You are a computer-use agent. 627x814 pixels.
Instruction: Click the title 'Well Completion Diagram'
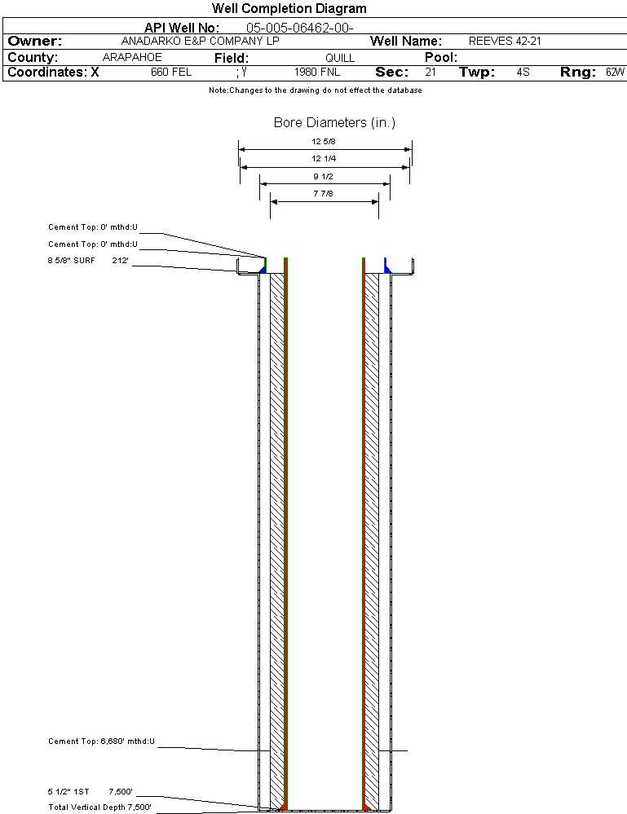click(x=289, y=8)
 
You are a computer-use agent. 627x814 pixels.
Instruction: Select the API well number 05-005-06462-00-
click(x=300, y=28)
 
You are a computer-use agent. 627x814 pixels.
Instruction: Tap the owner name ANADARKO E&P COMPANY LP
click(x=200, y=41)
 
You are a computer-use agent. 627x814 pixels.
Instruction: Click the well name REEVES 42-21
click(x=505, y=41)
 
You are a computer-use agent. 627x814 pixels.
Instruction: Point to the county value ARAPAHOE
click(x=132, y=57)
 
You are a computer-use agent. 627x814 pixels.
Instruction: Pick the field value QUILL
click(x=340, y=58)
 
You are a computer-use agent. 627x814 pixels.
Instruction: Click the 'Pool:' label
click(x=441, y=57)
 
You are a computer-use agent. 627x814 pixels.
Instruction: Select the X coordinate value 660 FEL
click(x=171, y=73)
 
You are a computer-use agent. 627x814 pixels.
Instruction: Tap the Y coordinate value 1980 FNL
click(x=317, y=73)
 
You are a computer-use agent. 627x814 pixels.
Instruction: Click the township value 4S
click(x=523, y=73)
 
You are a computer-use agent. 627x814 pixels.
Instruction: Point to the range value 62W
click(x=615, y=73)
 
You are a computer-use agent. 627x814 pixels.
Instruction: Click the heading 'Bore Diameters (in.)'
click(x=334, y=122)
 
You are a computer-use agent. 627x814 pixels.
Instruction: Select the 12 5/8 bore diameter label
click(x=323, y=141)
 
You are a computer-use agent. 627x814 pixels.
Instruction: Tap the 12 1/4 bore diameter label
click(x=323, y=158)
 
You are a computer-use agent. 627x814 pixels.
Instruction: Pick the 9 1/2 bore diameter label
click(x=323, y=177)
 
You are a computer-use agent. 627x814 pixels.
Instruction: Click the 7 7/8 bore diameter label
click(x=323, y=194)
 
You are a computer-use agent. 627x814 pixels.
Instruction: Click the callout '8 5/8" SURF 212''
click(x=88, y=261)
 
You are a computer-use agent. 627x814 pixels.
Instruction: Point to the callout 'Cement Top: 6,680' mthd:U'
click(x=101, y=741)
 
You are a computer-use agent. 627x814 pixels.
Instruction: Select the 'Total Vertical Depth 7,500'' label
click(x=99, y=807)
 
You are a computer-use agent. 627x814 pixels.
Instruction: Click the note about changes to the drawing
click(x=316, y=90)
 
